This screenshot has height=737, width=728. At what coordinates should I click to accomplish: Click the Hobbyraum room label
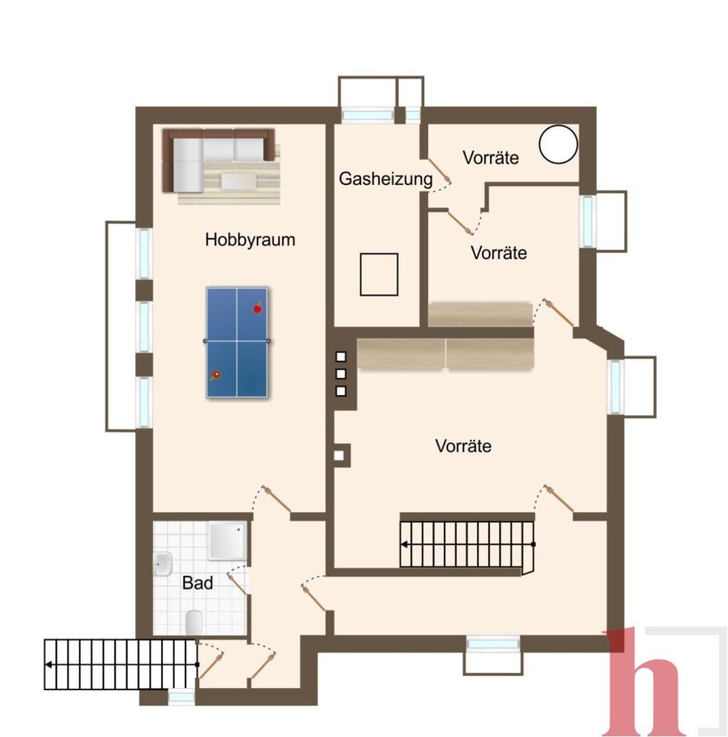point(250,240)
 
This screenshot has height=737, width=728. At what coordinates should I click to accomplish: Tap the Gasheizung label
point(385,179)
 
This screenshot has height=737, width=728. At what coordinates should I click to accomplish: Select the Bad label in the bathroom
point(197,583)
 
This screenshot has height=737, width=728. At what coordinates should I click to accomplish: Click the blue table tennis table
point(237,342)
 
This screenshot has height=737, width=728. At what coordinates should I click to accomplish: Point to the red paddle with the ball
point(257,307)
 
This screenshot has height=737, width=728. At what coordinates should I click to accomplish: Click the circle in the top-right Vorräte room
point(558,144)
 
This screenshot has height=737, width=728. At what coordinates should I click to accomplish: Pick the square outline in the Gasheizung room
point(379,275)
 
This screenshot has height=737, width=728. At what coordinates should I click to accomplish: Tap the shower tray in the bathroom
point(227,541)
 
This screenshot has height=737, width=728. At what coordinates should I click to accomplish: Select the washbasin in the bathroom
point(163,563)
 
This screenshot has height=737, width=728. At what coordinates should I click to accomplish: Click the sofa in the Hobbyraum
point(218,160)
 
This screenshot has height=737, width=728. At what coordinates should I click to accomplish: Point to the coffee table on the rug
point(239,181)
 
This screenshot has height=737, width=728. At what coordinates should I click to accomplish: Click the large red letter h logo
point(643,682)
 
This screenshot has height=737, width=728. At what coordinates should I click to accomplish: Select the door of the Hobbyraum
point(276,499)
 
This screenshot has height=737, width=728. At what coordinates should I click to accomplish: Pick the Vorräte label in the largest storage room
point(463,445)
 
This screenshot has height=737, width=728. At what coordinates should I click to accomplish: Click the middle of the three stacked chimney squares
point(341,373)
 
